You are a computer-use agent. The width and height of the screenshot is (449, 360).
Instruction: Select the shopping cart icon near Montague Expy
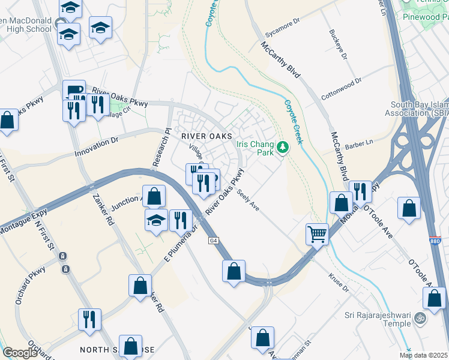317,233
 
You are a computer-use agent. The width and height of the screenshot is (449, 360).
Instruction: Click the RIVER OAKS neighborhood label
206,136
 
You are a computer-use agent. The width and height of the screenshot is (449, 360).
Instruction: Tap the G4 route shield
213,241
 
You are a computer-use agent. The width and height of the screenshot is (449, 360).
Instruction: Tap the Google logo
20,352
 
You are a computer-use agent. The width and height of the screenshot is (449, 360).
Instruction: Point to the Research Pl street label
161,148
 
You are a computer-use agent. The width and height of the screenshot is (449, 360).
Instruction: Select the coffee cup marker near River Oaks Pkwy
73,90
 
